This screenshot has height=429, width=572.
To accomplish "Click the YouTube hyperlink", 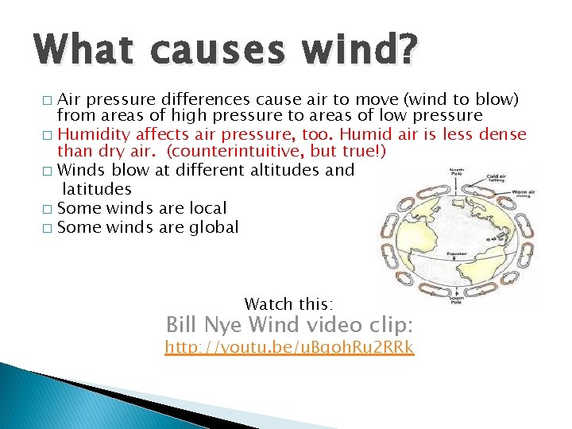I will point(289,348).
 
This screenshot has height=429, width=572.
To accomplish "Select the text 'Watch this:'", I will point(289,304).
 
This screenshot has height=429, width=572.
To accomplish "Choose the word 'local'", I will point(207,208).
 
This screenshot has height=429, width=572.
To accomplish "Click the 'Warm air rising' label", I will point(523,194).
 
